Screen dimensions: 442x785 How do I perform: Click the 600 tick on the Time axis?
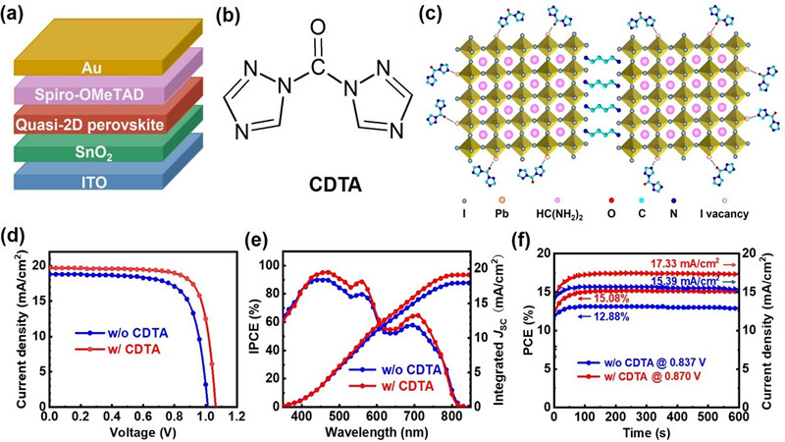[x=742, y=416]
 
